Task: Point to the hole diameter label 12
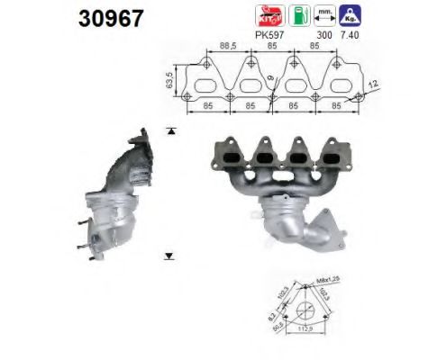point(373,84)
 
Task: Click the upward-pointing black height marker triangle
point(170,131)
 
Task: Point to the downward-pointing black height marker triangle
point(170,255)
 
